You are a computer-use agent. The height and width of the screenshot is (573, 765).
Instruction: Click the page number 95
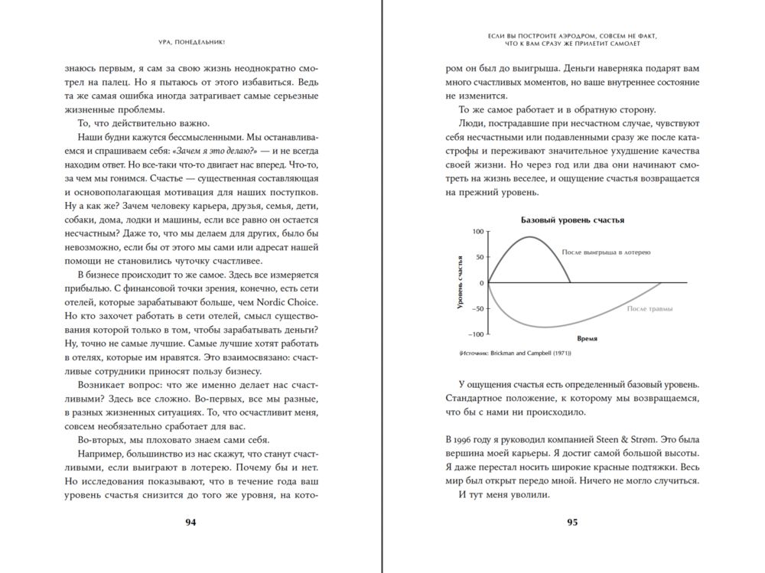pyautogui.click(x=572, y=523)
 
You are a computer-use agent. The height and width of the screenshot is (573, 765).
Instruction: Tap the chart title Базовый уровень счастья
pyautogui.click(x=572, y=220)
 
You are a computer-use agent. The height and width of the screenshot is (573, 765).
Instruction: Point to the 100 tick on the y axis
pyautogui.click(x=479, y=231)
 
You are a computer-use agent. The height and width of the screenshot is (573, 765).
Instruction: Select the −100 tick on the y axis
pyautogui.click(x=477, y=334)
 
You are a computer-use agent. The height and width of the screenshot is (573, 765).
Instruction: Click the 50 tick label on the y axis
pyautogui.click(x=481, y=257)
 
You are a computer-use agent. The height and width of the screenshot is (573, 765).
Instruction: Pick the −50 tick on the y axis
pyautogui.click(x=478, y=308)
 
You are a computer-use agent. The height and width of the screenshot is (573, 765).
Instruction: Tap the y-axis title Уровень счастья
pyautogui.click(x=461, y=283)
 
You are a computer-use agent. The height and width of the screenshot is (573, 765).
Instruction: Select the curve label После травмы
pyautogui.click(x=649, y=309)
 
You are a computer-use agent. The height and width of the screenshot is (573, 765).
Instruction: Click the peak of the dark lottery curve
pyautogui.click(x=529, y=236)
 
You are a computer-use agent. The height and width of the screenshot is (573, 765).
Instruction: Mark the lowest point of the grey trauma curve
pyautogui.click(x=545, y=327)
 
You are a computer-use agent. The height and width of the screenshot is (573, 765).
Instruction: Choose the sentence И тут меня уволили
pyautogui.click(x=504, y=494)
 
